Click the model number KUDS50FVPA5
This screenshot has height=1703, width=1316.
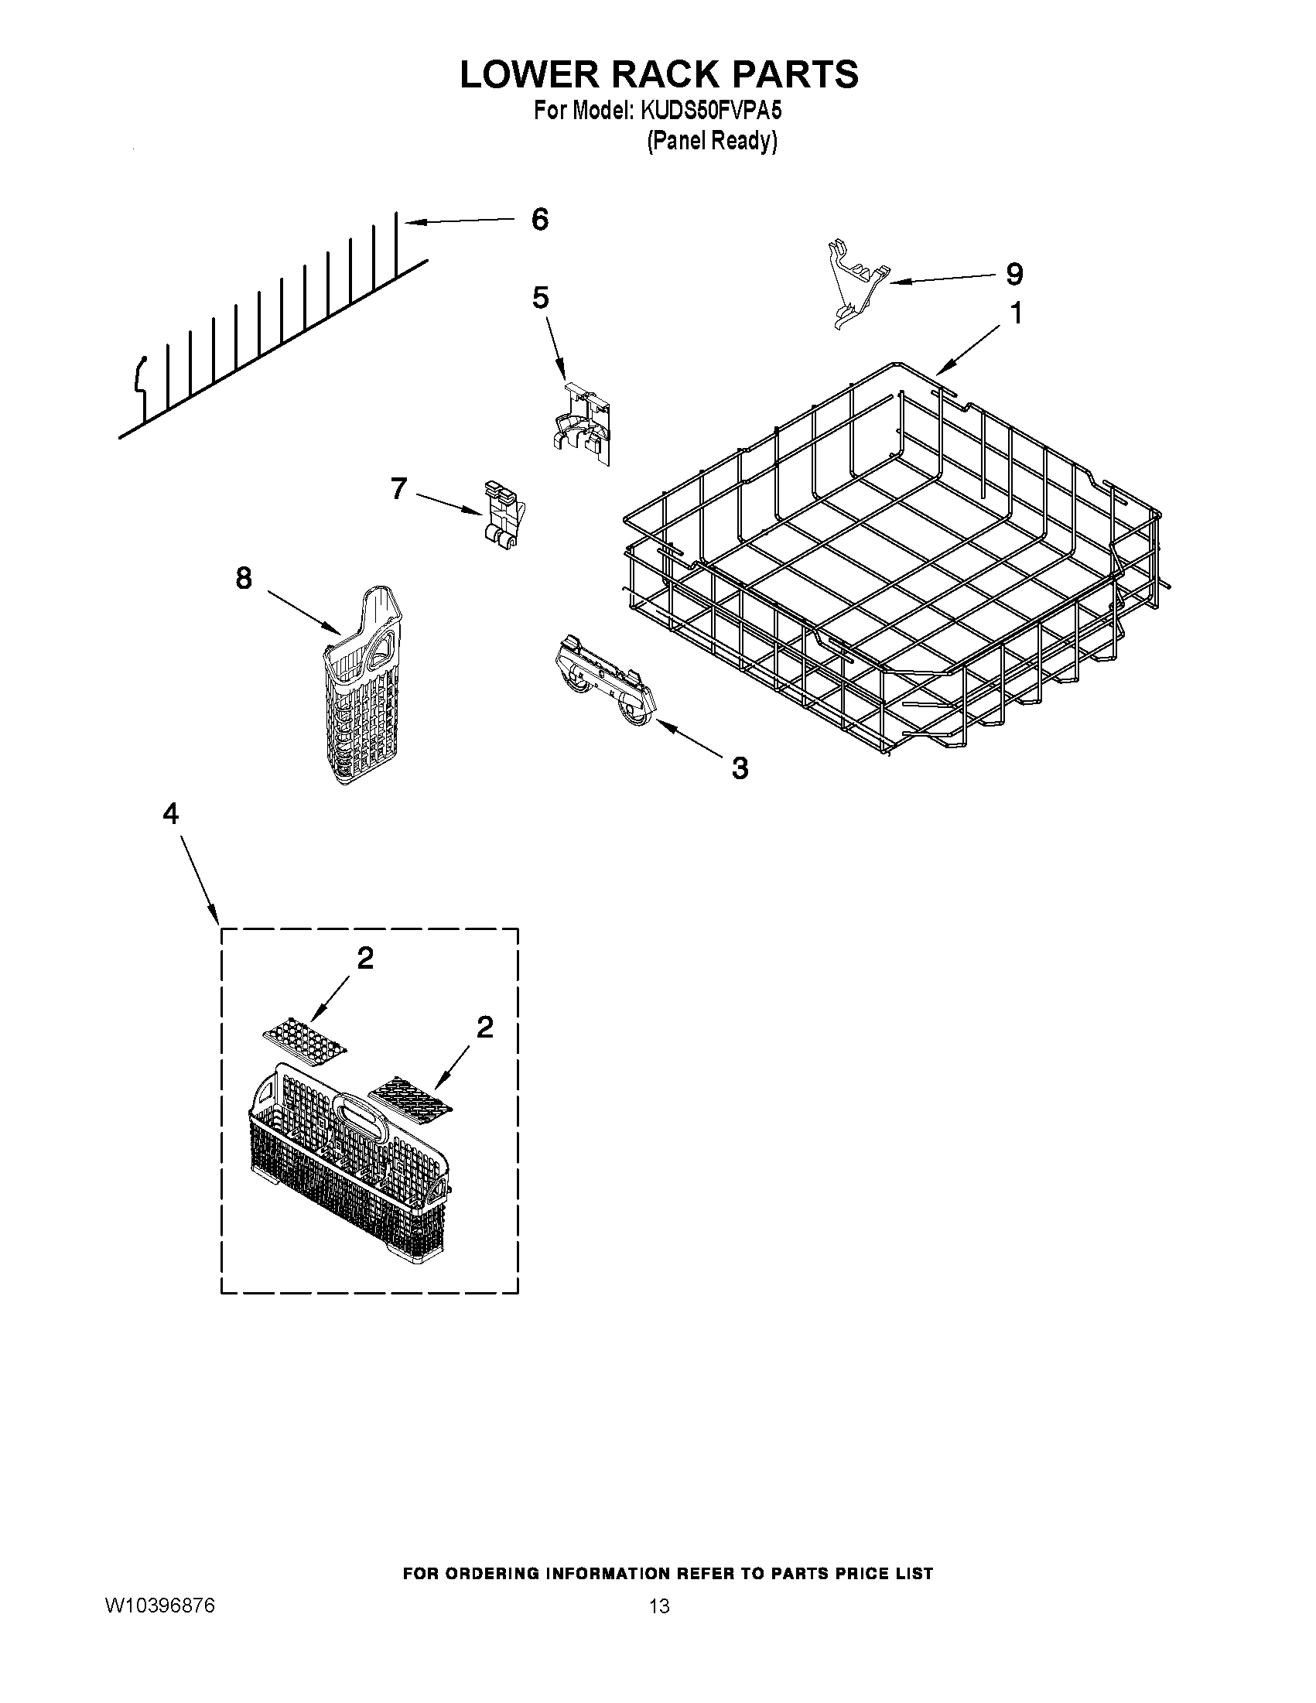(x=710, y=111)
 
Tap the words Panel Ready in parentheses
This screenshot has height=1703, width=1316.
(x=712, y=141)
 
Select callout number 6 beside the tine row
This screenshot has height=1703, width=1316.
(x=539, y=220)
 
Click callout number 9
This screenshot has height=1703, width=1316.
(x=1013, y=274)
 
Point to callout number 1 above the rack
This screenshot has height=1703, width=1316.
(x=1015, y=313)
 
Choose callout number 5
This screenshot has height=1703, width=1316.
(x=540, y=297)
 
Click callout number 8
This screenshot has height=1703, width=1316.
(x=243, y=578)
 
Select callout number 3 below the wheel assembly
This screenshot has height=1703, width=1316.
(x=739, y=768)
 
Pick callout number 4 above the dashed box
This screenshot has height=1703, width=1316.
(x=171, y=814)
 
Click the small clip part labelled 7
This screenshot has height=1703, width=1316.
(x=503, y=515)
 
